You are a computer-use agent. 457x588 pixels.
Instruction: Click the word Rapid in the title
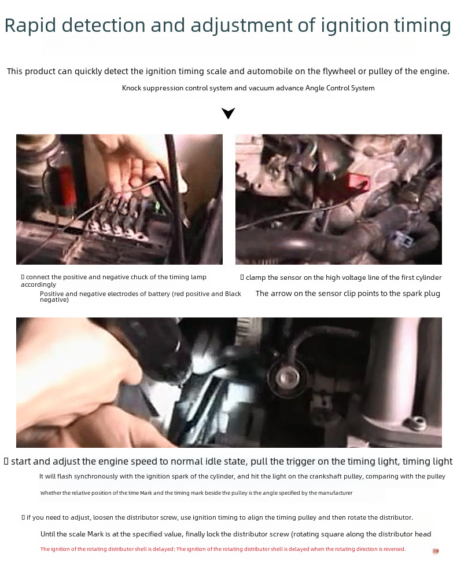(30, 26)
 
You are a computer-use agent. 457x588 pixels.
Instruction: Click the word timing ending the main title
(422, 26)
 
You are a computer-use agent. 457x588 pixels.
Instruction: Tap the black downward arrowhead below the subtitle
(228, 113)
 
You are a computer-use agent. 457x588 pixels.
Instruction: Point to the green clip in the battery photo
(157, 206)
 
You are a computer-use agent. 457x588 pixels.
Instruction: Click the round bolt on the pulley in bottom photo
(288, 376)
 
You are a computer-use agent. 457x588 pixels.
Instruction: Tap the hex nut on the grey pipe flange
(416, 423)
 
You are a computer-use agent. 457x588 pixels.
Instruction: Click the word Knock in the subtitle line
(131, 88)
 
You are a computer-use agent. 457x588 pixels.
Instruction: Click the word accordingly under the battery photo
(38, 284)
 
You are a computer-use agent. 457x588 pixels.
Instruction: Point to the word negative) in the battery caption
(54, 300)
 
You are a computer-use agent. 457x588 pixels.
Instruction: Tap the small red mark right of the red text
(436, 552)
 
